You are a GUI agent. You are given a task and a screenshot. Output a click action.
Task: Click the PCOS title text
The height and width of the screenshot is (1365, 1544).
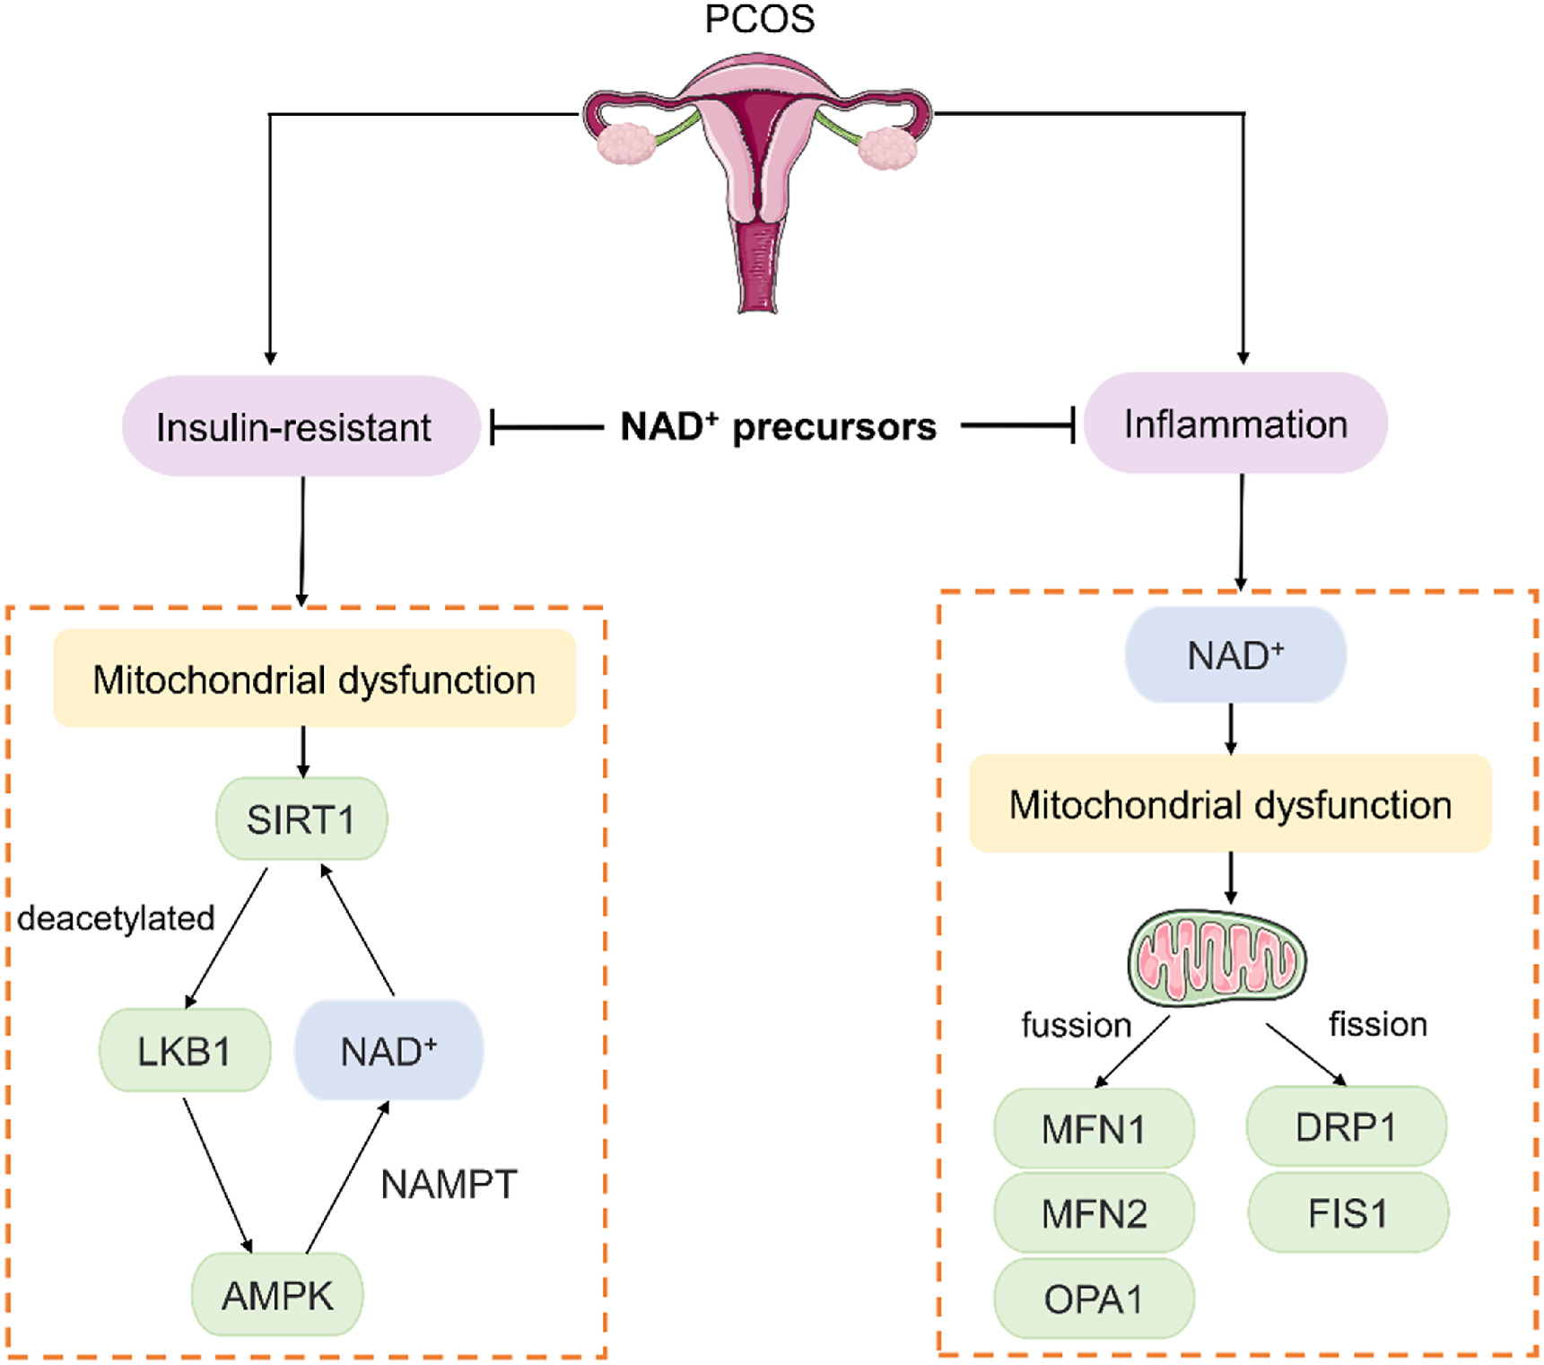pyautogui.click(x=759, y=20)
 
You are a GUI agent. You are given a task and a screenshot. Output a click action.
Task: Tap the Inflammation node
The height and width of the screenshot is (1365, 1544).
pyautogui.click(x=1235, y=424)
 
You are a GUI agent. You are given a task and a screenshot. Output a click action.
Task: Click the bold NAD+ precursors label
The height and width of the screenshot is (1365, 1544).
pyautogui.click(x=778, y=427)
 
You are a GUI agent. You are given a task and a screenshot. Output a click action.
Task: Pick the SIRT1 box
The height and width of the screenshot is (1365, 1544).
pyautogui.click(x=301, y=819)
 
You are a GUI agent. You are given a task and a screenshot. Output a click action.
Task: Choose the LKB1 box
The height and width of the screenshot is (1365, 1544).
pyautogui.click(x=184, y=1051)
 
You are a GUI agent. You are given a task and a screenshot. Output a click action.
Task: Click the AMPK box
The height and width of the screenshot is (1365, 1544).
pyautogui.click(x=277, y=1295)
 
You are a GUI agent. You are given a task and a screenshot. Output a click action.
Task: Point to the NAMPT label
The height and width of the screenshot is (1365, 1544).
pyautogui.click(x=449, y=1185)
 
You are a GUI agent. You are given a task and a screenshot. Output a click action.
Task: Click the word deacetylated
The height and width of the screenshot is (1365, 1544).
pyautogui.click(x=117, y=918)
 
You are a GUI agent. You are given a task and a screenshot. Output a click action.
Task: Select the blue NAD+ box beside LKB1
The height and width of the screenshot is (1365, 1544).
pyautogui.click(x=388, y=1051)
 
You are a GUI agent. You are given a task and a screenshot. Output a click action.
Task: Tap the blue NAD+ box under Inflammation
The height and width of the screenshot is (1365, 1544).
pyautogui.click(x=1235, y=655)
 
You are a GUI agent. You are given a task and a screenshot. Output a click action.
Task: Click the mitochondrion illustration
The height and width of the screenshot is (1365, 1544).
pyautogui.click(x=1217, y=957)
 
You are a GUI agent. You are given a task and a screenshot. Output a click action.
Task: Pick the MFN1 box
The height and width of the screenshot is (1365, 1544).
pyautogui.click(x=1094, y=1129)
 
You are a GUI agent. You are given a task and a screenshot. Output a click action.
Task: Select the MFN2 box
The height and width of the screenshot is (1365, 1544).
pyautogui.click(x=1094, y=1213)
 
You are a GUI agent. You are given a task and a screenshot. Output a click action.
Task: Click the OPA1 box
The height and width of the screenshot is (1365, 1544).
pyautogui.click(x=1094, y=1299)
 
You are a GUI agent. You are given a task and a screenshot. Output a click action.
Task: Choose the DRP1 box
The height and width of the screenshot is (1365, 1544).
pyautogui.click(x=1347, y=1127)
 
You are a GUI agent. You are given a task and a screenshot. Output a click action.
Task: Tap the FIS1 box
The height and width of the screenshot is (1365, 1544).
pyautogui.click(x=1348, y=1213)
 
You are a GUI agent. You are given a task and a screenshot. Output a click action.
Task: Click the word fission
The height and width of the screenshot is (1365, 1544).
pyautogui.click(x=1378, y=1024)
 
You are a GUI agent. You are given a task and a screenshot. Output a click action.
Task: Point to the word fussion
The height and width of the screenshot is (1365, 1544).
pyautogui.click(x=1077, y=1025)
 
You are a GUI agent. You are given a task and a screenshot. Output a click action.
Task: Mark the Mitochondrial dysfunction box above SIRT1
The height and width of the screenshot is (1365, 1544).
pyautogui.click(x=314, y=679)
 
